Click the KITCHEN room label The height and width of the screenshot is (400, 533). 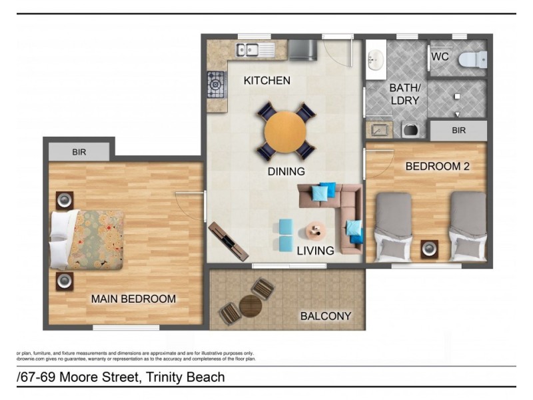point(266,81)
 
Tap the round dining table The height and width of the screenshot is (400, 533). point(286,131)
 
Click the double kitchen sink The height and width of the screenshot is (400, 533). point(251,49)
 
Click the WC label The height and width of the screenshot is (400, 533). point(440,57)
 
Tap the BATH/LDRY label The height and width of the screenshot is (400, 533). point(404,94)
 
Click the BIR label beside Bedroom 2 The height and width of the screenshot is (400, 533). point(458,131)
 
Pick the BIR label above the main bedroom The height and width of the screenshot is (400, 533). point(79,152)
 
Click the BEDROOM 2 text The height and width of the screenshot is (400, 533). point(437,166)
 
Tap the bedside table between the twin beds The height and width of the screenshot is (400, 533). point(430,249)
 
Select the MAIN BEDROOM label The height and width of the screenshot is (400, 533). point(133,299)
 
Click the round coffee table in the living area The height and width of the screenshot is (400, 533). point(314,231)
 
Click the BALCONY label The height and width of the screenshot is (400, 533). point(325,316)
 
